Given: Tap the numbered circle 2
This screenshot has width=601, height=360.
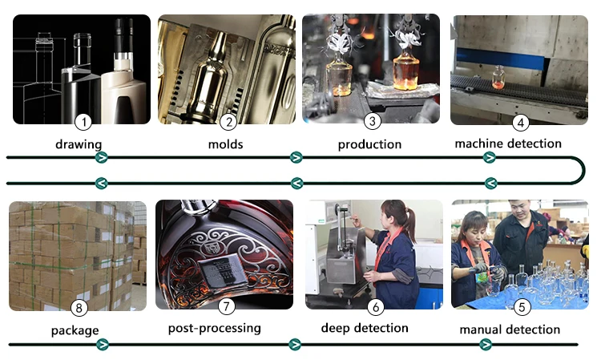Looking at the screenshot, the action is [x=228, y=122].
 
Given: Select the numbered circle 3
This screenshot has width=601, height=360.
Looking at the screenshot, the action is [x=372, y=122].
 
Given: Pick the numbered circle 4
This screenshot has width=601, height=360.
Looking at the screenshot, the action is [x=520, y=122].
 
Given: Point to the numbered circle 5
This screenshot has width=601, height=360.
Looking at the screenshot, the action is [x=522, y=306].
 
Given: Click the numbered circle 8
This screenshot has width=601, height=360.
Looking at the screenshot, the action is [x=79, y=307].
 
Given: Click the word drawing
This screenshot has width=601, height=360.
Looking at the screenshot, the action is [x=79, y=145].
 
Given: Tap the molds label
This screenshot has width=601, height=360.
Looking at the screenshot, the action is [x=225, y=145].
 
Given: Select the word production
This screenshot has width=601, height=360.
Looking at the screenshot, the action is [x=369, y=145].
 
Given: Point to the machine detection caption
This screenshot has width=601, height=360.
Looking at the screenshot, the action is [x=508, y=144].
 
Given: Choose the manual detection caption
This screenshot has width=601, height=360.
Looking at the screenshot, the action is [x=510, y=330].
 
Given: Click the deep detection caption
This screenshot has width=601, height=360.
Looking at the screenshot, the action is [x=365, y=328].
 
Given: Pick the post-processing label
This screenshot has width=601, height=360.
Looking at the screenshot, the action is [x=214, y=329].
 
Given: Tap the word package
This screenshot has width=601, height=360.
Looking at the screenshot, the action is [x=75, y=330].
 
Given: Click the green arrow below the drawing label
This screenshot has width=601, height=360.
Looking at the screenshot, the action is [x=102, y=158].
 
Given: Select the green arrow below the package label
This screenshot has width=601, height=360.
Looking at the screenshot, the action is [x=102, y=345].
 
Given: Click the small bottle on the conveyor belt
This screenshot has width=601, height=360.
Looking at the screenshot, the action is [x=498, y=77].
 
